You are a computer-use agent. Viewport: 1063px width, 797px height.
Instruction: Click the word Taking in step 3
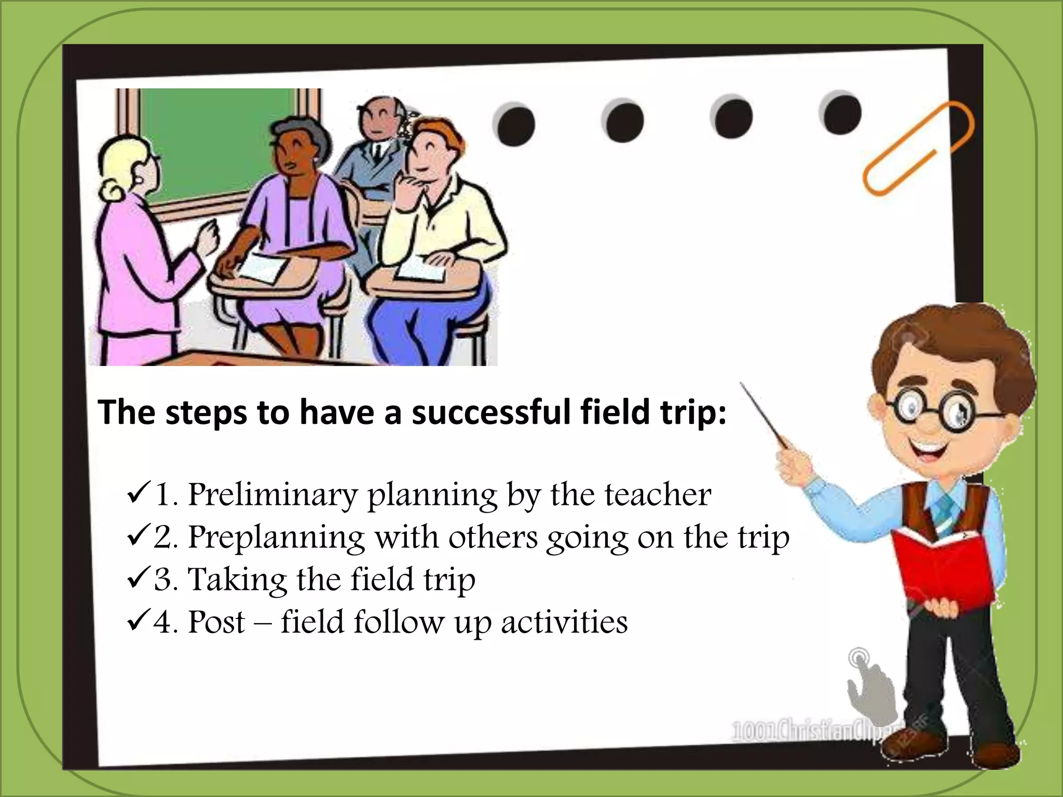point(237,580)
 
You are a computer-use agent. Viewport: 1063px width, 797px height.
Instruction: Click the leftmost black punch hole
point(515,125)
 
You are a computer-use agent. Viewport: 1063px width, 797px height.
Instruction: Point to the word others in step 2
point(493,538)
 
